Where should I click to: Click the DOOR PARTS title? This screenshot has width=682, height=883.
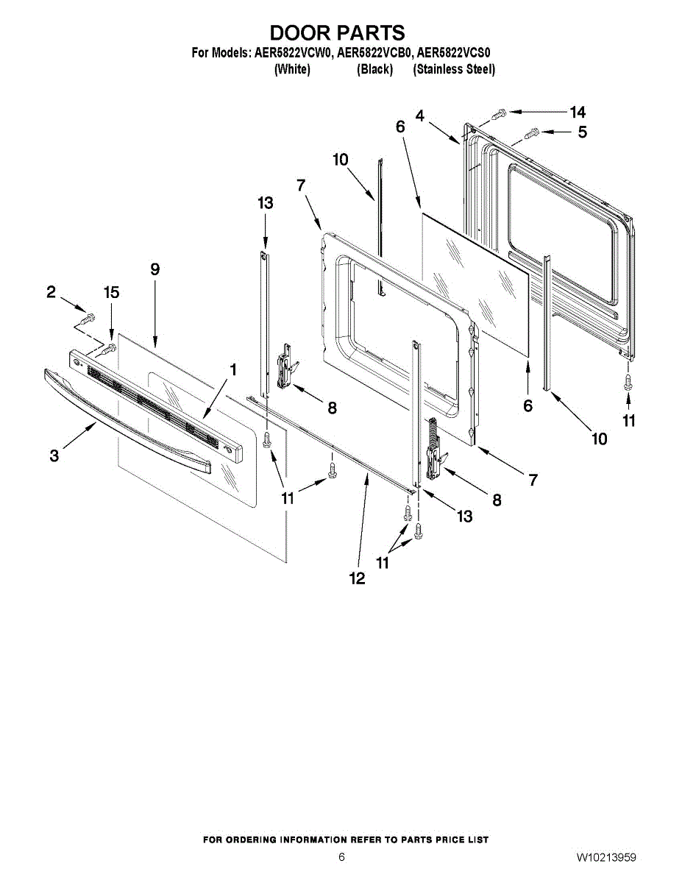[x=338, y=33]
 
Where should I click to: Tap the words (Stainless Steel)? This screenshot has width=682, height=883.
[x=454, y=69]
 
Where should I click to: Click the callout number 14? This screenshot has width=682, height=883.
[x=578, y=112]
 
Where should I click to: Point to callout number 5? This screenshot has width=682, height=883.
[x=582, y=133]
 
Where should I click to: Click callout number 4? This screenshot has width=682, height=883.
[x=420, y=116]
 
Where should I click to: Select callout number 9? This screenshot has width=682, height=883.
[x=155, y=269]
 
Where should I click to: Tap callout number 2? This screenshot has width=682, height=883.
[x=51, y=292]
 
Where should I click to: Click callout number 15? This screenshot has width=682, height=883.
[x=111, y=293]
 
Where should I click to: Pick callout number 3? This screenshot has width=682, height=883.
[x=54, y=456]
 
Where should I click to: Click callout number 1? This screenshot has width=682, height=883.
[x=233, y=370]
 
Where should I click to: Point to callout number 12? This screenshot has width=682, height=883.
[x=357, y=579]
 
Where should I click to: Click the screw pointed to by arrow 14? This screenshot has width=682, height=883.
[x=498, y=113]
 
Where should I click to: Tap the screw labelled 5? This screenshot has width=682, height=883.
[x=532, y=133]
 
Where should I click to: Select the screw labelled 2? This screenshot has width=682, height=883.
[x=89, y=319]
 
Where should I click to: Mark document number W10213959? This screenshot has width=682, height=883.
[x=607, y=857]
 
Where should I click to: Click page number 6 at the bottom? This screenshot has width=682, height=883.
[x=341, y=857]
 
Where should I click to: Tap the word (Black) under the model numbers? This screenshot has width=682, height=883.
[x=375, y=69]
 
